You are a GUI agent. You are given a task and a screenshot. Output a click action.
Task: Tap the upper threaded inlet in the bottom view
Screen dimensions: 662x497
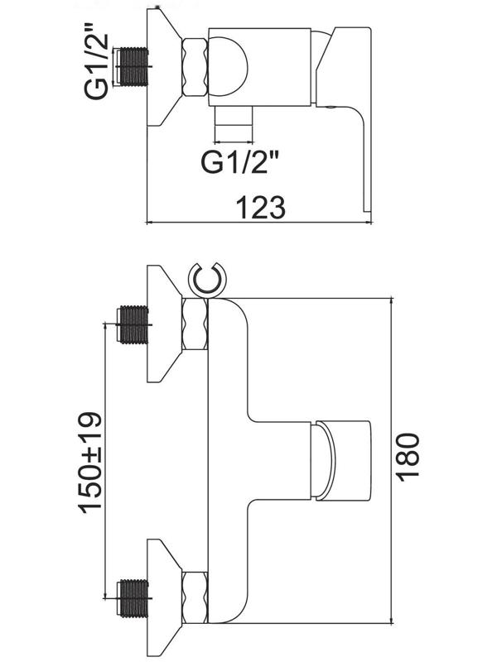pos(132,324)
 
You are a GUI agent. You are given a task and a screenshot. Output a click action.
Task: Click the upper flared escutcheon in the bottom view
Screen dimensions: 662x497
pos(163,324)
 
